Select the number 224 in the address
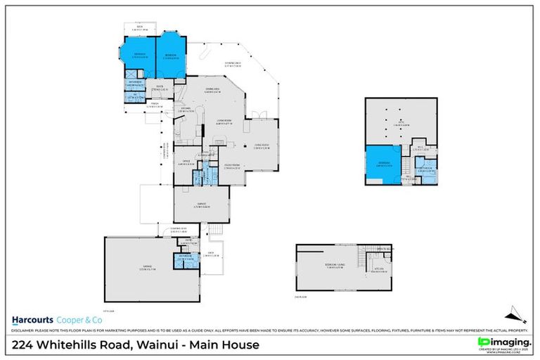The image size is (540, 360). pos(26,345)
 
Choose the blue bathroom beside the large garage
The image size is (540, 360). pos(185,259)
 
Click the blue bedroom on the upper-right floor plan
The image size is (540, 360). pos(382,165)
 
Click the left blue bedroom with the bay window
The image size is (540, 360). pos(139,54)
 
